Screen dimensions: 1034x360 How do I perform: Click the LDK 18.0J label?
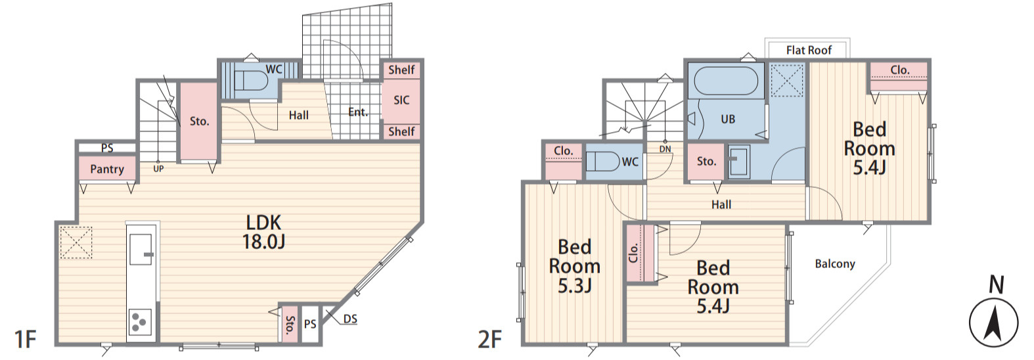(263, 232)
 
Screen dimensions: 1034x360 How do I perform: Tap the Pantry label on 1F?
(107, 169)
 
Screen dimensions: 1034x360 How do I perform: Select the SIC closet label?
(401, 100)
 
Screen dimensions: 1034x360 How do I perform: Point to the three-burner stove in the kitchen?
(141, 321)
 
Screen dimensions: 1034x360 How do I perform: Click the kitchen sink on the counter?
(141, 250)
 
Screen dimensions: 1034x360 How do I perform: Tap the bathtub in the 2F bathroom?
(726, 81)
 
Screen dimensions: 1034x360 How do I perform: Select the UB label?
(727, 119)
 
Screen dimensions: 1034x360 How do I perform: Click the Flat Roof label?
(809, 51)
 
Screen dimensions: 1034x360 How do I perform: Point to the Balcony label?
(835, 263)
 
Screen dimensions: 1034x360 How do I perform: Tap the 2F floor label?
(490, 340)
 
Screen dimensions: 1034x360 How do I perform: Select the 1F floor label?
(26, 340)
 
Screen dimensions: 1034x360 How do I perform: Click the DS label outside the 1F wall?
(350, 319)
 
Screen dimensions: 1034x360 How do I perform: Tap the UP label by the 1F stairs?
(158, 169)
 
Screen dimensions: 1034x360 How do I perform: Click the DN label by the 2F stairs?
(665, 149)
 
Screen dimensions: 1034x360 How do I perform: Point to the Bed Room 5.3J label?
(575, 266)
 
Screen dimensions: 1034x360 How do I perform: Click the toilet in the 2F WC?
(602, 162)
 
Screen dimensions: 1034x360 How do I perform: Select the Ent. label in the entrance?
(358, 112)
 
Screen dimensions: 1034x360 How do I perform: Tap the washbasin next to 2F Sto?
(738, 161)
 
